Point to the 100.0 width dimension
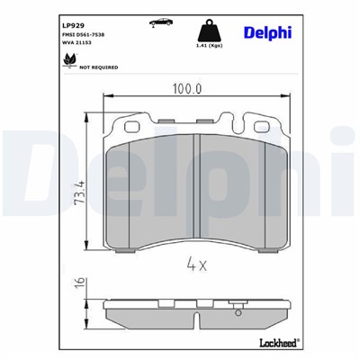click(185, 88)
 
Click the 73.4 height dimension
click(80, 191)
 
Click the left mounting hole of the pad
click(123, 127)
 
